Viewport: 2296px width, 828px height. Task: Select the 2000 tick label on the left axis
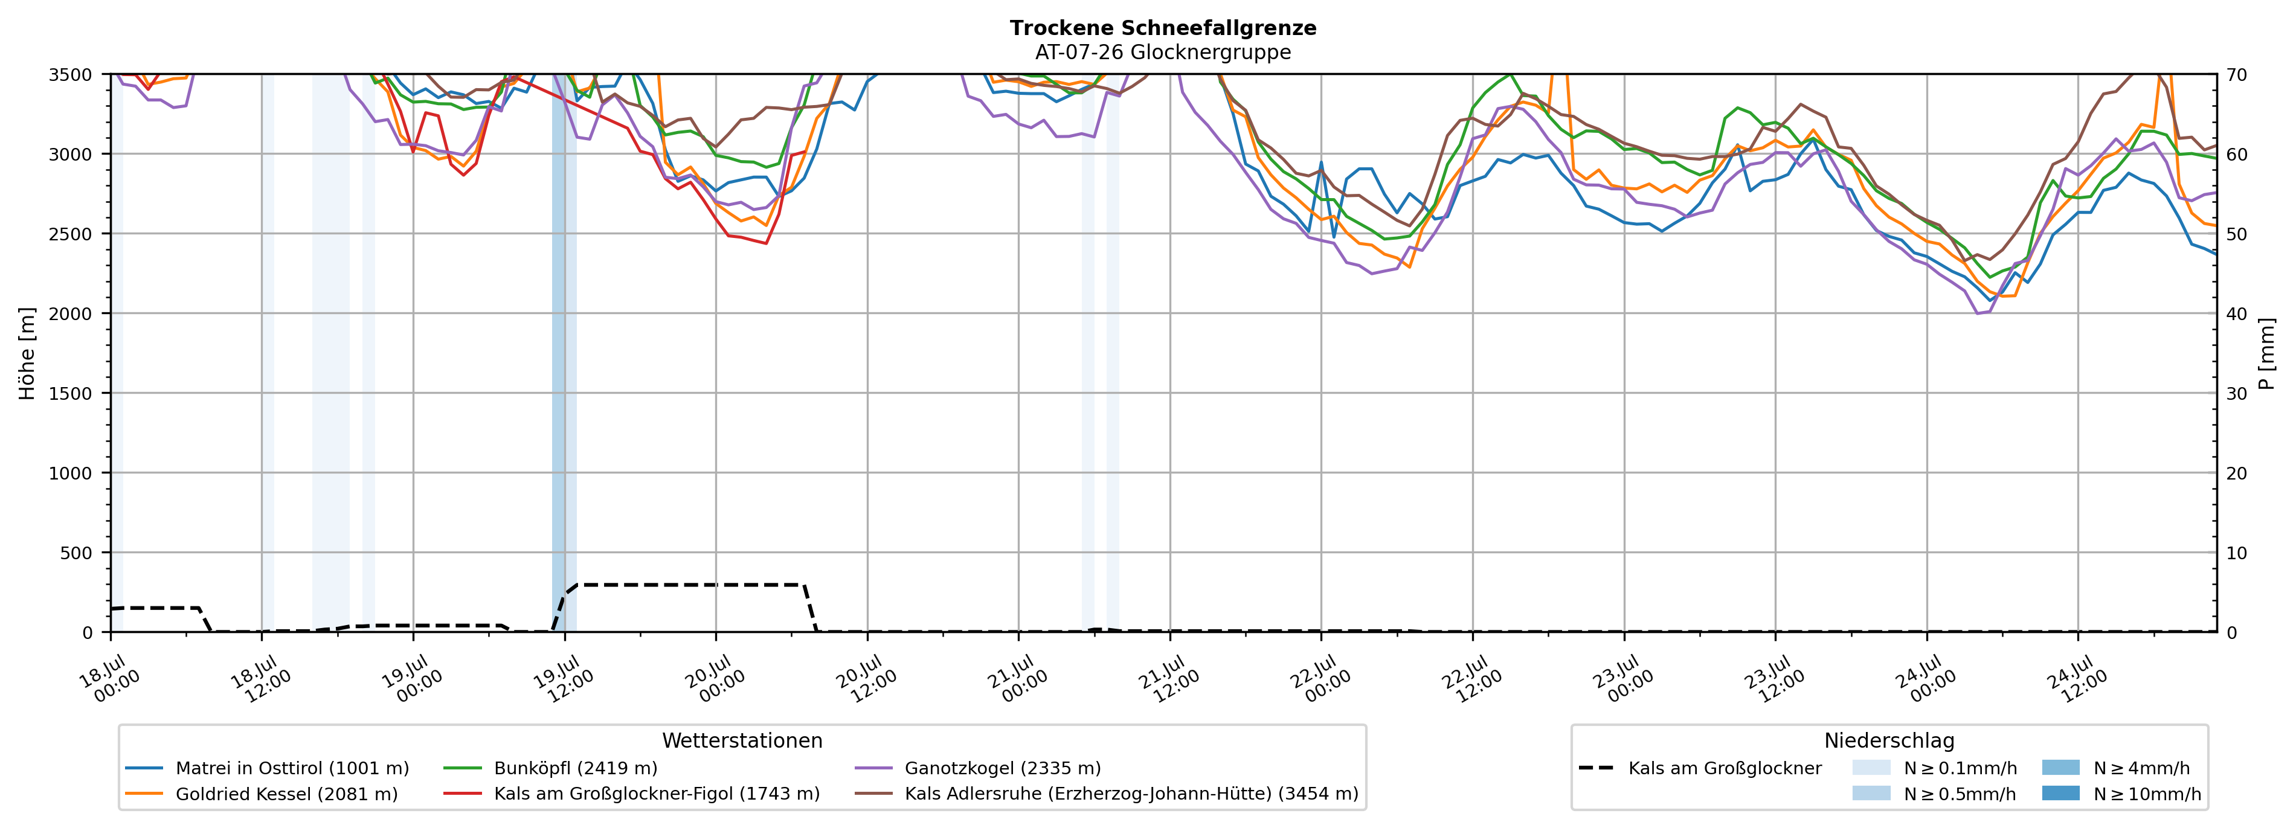pos(71,313)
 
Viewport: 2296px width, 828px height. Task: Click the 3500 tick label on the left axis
pos(71,75)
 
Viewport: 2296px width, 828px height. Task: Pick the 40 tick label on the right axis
pos(2236,313)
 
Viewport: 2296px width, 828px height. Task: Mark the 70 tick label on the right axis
pos(2236,75)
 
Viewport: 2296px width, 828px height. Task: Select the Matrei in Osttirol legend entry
pos(268,768)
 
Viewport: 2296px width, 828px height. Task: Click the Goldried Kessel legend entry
pos(262,794)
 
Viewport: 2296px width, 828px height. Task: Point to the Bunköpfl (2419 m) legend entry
pos(551,768)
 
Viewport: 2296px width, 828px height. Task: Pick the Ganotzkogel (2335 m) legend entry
pos(978,768)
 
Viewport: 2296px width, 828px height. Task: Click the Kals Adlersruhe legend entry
pos(1106,794)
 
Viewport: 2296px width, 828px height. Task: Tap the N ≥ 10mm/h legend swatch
pos(2060,793)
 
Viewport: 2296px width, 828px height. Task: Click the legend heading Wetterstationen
pos(742,740)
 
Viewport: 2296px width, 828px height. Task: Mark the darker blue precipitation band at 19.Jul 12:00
pos(559,353)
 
